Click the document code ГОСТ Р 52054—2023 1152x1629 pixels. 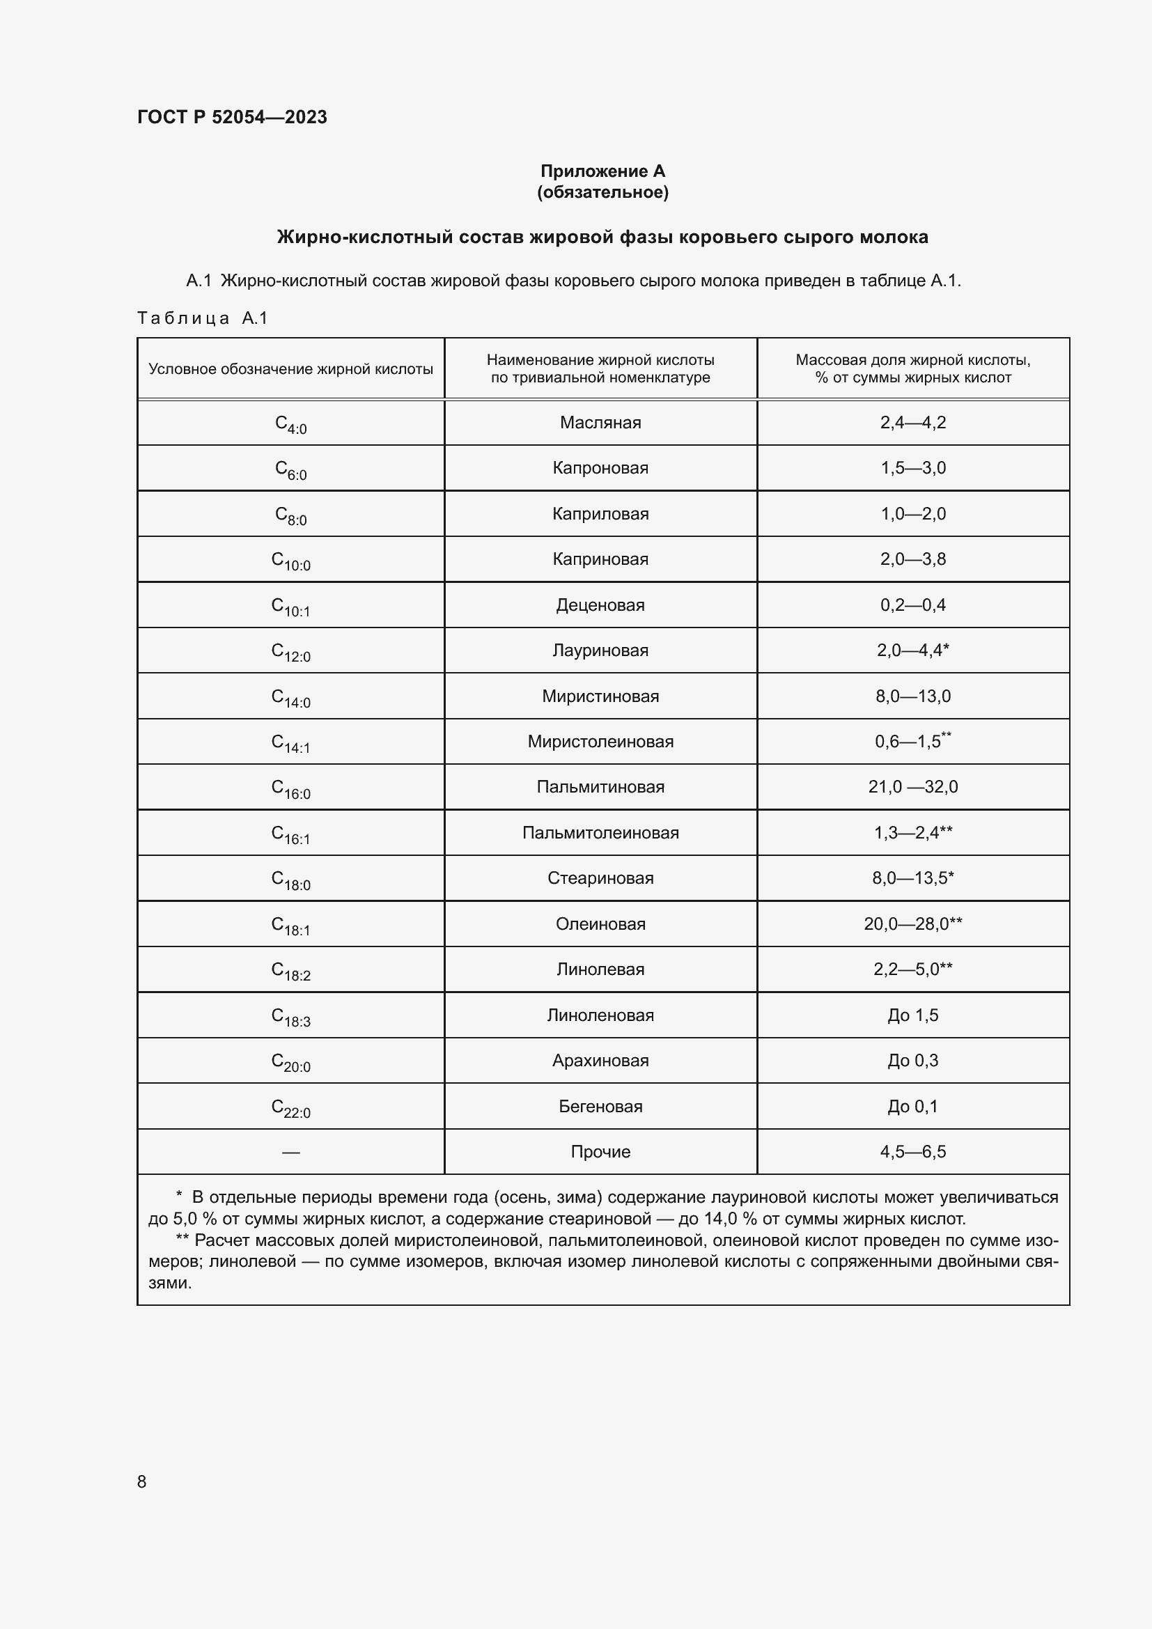click(232, 117)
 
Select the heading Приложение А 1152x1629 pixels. click(602, 171)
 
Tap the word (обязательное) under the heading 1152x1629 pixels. click(602, 192)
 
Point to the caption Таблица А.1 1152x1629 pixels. click(202, 318)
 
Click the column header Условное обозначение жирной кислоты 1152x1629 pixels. click(290, 369)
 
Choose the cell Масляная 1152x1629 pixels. click(600, 423)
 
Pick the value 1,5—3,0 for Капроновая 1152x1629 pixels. click(913, 468)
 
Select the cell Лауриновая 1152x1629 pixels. click(600, 650)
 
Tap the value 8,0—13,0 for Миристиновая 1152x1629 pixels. click(913, 696)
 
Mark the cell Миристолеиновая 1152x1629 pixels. click(600, 742)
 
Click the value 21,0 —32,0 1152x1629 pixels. click(913, 787)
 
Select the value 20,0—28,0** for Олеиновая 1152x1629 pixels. click(913, 923)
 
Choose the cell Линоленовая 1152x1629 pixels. click(600, 1015)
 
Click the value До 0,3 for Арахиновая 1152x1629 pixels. click(913, 1061)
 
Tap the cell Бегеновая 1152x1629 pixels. click(600, 1106)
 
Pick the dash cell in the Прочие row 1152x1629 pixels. click(290, 1152)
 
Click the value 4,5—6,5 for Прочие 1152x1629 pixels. click(913, 1152)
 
